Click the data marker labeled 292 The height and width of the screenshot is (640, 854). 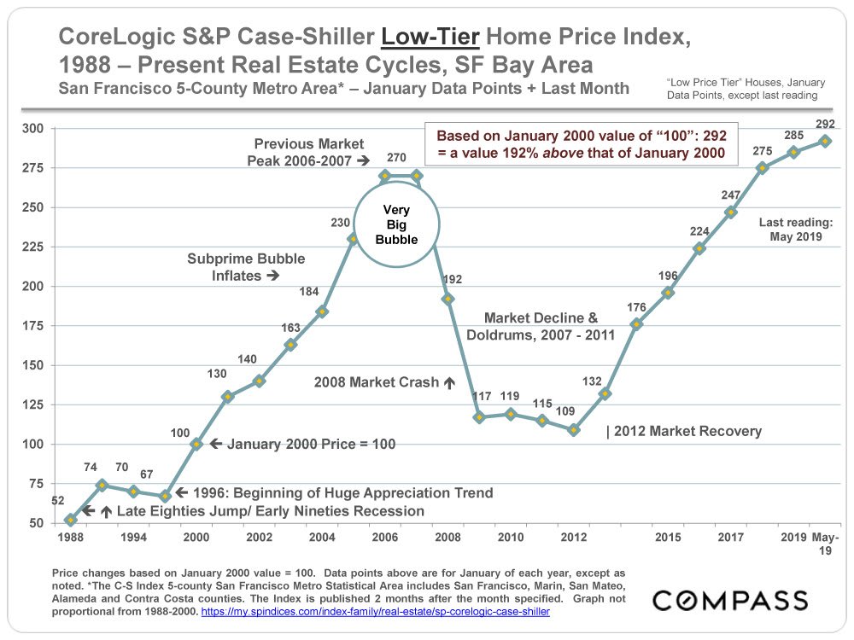(x=825, y=142)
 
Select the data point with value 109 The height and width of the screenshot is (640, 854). (x=574, y=430)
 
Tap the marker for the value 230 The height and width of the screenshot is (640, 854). (x=353, y=239)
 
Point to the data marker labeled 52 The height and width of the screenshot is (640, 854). (x=70, y=520)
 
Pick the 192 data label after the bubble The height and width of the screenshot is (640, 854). (x=453, y=280)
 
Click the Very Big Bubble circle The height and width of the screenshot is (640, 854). (x=396, y=224)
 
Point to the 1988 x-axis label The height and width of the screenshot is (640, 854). (x=70, y=538)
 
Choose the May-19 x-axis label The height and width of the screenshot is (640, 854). (x=825, y=544)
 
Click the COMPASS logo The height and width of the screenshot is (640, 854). (x=730, y=600)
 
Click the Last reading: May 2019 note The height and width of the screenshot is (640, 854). (x=790, y=230)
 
